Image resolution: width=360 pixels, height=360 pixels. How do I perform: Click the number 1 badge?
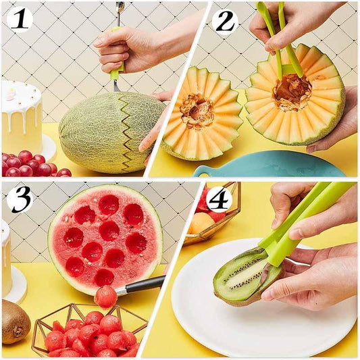20,20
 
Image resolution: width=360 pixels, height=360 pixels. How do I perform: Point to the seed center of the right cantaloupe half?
292,91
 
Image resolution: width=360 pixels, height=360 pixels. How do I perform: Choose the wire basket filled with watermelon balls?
88,331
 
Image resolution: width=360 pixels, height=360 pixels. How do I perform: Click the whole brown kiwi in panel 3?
15,322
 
